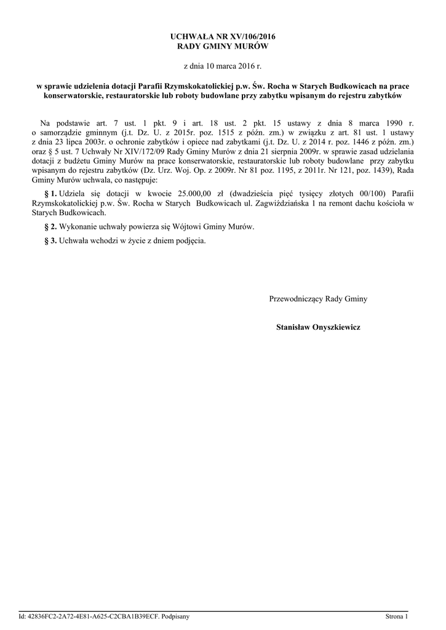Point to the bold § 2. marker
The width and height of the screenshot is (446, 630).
coord(48,226)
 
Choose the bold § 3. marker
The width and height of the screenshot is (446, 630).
coord(48,241)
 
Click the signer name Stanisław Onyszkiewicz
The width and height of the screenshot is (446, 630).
coord(318,327)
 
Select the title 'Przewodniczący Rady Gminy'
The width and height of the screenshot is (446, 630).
coord(318,299)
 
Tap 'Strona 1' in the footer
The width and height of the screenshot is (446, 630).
coord(396,616)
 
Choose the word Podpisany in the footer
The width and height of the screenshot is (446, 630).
coord(175,616)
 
